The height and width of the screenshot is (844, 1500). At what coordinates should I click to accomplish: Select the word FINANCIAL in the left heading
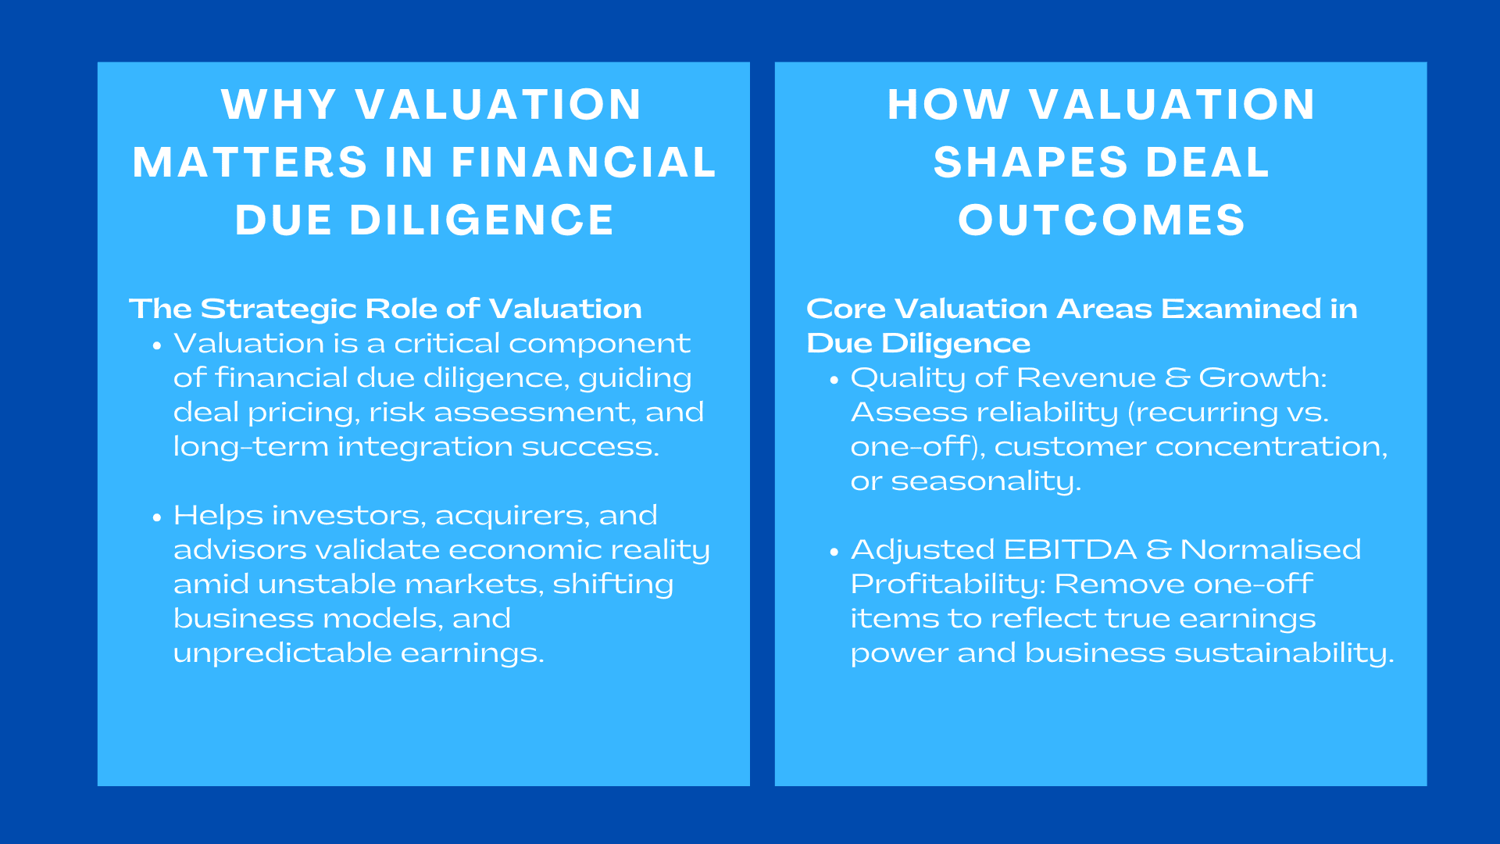584,163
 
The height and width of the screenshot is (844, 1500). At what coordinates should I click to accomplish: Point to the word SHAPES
1030,163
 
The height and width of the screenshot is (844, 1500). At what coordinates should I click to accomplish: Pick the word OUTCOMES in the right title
1102,220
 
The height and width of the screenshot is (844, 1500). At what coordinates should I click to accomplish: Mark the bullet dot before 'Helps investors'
157,517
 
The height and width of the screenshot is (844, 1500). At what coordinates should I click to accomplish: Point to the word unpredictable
282,653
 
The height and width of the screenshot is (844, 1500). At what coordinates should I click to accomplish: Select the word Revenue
1086,378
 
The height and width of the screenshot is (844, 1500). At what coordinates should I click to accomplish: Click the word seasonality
985,481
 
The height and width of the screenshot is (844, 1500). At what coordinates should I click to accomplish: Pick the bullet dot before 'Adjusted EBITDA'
834,552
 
